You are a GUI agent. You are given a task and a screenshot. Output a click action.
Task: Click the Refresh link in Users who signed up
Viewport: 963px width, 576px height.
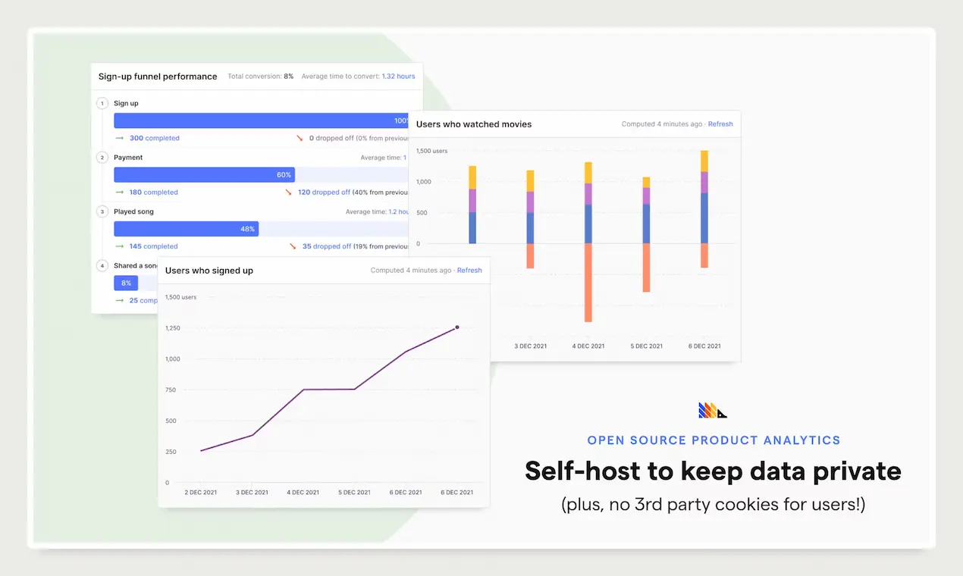coord(469,271)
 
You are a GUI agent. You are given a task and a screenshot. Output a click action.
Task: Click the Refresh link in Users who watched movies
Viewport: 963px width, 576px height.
coord(720,124)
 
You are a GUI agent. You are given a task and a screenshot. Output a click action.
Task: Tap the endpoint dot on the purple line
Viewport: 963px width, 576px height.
coord(457,327)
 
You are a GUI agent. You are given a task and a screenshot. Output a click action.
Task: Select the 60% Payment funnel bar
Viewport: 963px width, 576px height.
coord(204,174)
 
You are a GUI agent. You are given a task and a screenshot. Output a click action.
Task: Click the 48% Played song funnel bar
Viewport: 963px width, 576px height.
coord(186,229)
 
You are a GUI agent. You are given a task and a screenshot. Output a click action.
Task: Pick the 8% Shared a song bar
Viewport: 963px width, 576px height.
coord(126,283)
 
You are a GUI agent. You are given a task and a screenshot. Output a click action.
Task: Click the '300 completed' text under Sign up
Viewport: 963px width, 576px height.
coord(154,139)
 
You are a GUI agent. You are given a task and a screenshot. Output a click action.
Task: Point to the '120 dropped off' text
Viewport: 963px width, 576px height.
coord(324,193)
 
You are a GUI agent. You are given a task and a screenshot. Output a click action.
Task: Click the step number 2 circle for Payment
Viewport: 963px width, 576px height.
coord(102,158)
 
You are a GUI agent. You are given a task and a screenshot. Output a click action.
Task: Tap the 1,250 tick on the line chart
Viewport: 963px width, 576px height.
coord(173,328)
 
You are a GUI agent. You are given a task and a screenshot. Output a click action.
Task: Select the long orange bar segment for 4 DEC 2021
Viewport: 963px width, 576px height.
coord(588,283)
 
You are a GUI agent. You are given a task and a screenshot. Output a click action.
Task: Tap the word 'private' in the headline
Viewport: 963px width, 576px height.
coord(855,471)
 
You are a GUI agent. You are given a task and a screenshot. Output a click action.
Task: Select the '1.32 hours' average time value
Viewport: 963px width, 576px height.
coord(398,77)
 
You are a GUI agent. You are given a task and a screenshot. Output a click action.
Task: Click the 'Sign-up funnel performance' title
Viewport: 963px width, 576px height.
coord(158,77)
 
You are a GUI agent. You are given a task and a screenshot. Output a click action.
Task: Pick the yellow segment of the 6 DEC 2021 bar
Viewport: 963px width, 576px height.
coord(704,161)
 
